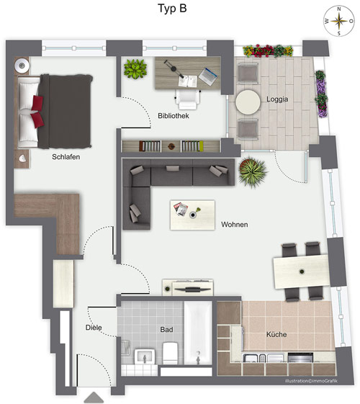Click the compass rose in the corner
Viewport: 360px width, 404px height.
tap(339, 21)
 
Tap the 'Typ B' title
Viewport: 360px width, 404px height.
tap(172, 8)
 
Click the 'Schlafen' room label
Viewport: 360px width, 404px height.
tap(66, 157)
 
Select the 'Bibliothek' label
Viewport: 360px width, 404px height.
tap(174, 116)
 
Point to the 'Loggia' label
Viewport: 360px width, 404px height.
tap(277, 99)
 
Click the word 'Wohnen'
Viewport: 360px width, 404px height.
tap(234, 225)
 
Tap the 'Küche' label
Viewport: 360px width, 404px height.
tap(276, 334)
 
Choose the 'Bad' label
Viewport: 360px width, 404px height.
tap(166, 329)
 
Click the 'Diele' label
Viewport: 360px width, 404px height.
tap(94, 328)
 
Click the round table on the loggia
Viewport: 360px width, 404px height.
tap(248, 102)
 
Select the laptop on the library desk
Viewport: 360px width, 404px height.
tap(207, 76)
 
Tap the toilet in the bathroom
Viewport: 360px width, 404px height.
tap(170, 353)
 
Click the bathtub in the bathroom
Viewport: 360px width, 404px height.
tap(198, 333)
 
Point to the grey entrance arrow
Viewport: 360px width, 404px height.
tap(94, 398)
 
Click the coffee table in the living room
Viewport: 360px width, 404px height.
tap(192, 215)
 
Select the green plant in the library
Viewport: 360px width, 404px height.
tap(135, 68)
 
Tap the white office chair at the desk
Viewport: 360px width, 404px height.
tap(188, 99)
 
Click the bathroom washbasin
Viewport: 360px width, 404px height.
tap(145, 356)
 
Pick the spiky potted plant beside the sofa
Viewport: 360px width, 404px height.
tap(253, 171)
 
